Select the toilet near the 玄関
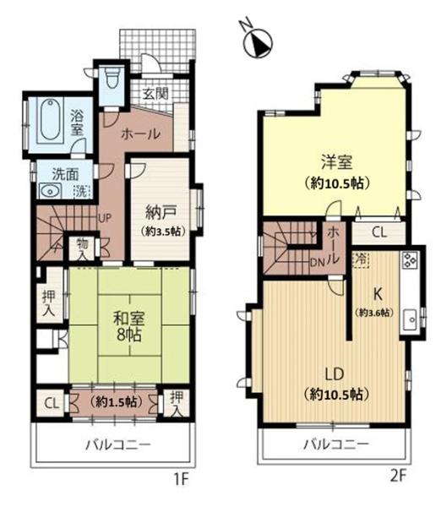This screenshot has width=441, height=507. [112, 84]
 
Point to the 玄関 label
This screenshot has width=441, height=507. [155, 94]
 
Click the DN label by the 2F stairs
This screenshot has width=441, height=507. [316, 261]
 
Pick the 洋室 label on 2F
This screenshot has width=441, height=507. [335, 160]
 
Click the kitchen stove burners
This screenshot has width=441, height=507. [409, 261]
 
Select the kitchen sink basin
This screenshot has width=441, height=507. [410, 319]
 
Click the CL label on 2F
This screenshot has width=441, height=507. [379, 229]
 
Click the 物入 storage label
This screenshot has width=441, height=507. [83, 246]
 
